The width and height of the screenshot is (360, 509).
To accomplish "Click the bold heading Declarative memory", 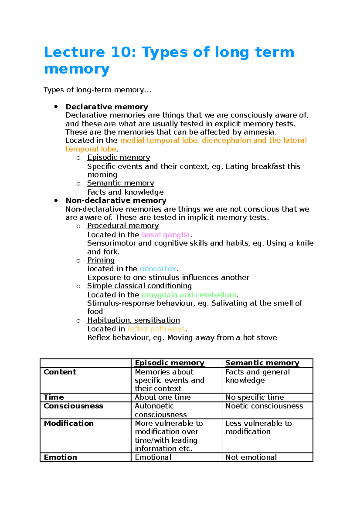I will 107,107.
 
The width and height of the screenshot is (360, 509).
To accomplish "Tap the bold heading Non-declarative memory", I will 116,200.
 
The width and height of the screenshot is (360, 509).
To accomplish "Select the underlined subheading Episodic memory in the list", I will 118,157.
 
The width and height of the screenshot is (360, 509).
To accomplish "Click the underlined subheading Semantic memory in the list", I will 121,183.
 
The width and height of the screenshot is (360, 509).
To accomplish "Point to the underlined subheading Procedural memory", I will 123,226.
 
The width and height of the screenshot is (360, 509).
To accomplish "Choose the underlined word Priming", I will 101,260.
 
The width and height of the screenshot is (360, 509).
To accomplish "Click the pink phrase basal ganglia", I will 166,235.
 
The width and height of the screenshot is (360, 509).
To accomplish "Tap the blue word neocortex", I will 158,269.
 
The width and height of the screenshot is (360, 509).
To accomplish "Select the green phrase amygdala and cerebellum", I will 189,295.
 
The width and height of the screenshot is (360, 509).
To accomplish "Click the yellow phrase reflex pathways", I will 156,329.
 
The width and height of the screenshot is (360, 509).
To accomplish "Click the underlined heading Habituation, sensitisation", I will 133,320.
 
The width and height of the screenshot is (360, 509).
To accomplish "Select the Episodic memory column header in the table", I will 169,363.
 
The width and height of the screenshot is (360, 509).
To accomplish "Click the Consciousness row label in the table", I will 73,406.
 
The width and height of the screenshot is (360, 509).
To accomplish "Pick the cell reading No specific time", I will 255,397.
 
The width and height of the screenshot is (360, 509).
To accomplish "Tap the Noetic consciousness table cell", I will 264,406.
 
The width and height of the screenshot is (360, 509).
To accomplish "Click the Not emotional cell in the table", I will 251,457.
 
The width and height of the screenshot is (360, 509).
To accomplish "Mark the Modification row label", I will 69,423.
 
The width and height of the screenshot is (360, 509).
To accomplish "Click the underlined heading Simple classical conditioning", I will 139,286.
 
